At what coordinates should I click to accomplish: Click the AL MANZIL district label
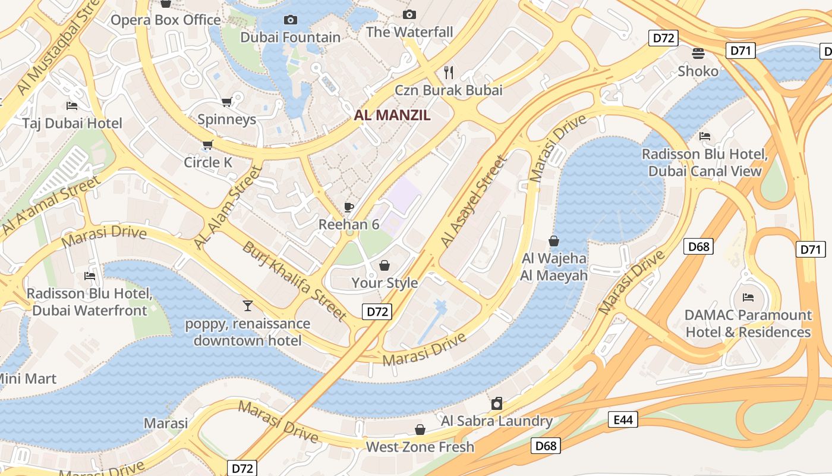(392, 115)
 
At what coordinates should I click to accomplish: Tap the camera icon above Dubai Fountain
(290, 20)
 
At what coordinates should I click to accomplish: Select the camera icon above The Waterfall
(409, 14)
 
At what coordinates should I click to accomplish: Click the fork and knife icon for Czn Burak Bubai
(449, 73)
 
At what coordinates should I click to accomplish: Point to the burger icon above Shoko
(698, 54)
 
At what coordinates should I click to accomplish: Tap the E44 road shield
(623, 420)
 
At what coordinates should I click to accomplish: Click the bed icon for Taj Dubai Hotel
(72, 106)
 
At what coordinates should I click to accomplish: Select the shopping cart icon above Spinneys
(226, 102)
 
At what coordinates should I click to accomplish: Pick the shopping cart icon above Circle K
(207, 145)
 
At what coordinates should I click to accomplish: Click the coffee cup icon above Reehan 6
(349, 207)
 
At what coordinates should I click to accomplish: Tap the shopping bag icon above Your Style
(385, 265)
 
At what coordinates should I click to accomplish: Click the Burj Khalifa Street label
(294, 280)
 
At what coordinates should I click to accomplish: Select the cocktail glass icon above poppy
(248, 306)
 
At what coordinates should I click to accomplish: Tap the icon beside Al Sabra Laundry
(497, 403)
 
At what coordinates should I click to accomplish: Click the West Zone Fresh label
(420, 447)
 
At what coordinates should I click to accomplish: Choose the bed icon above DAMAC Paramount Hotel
(748, 297)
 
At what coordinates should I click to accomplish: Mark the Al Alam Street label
(228, 208)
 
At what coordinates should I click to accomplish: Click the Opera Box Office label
(166, 20)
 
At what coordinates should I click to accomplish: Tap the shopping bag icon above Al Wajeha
(554, 241)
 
